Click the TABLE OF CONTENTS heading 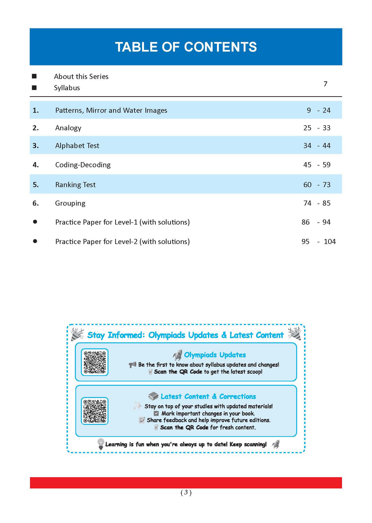tap(186, 47)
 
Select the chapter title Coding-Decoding tap(83, 165)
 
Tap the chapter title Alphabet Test tap(77, 146)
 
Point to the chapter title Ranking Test tap(75, 185)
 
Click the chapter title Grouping tap(70, 203)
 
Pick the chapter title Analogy tap(68, 128)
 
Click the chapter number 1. tap(36, 110)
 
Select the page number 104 tap(329, 242)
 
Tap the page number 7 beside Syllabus tap(325, 84)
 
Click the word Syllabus tap(67, 88)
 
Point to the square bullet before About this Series tap(34, 76)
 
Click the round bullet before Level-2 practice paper tap(35, 241)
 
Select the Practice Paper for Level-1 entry tap(122, 222)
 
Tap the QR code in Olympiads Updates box tap(95, 362)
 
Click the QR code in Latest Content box tap(95, 411)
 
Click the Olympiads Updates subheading tap(215, 355)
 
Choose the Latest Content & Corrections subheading tap(208, 397)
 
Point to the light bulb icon tap(101, 444)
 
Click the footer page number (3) tap(186, 492)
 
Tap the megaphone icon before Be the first tap(133, 365)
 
